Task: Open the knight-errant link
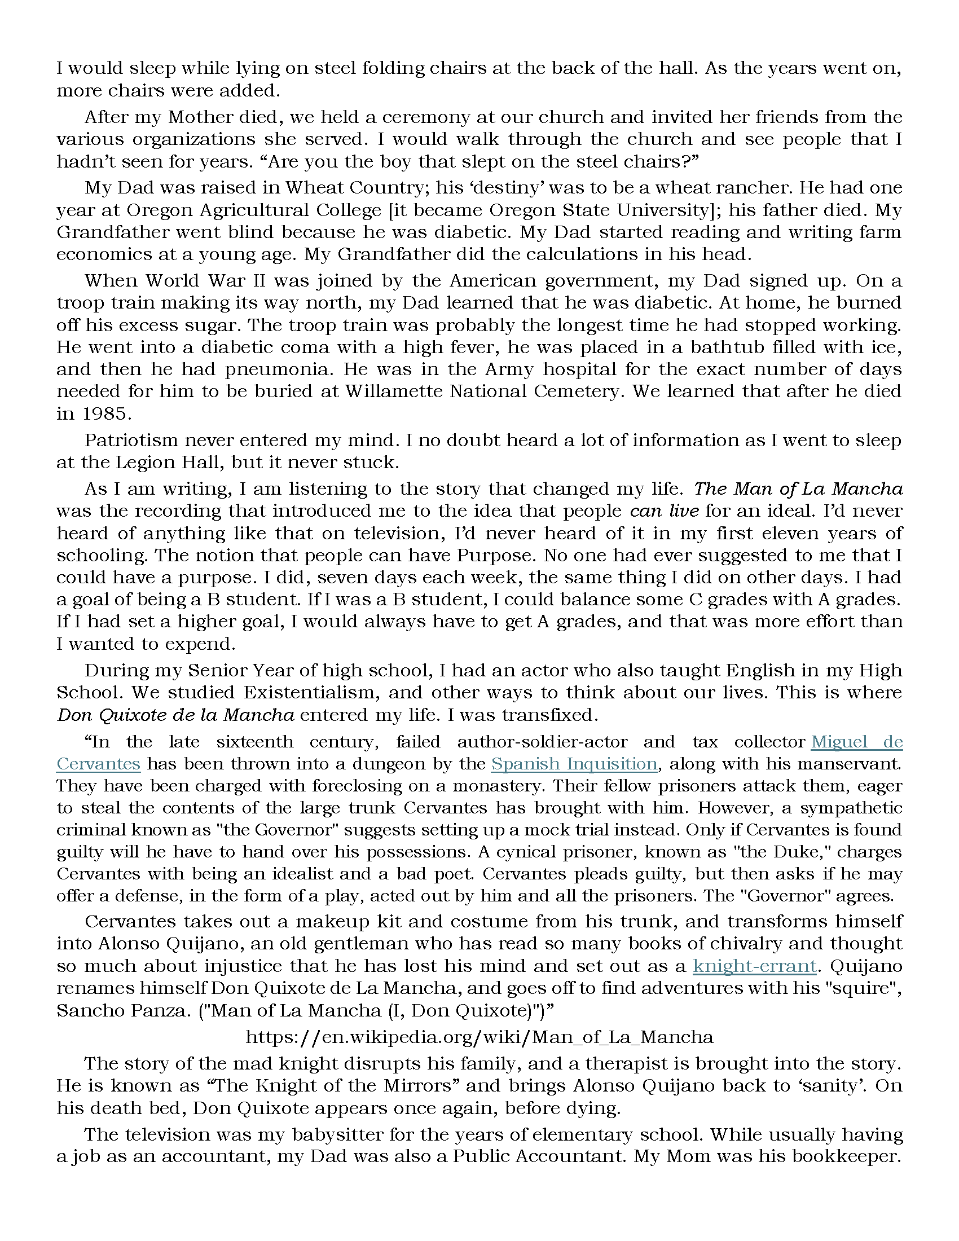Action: coord(754,966)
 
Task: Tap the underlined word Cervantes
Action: coord(98,764)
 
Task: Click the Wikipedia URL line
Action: coord(479,1037)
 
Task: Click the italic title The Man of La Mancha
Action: coord(798,489)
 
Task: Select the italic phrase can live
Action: coord(663,511)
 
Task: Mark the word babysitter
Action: coord(309,1135)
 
